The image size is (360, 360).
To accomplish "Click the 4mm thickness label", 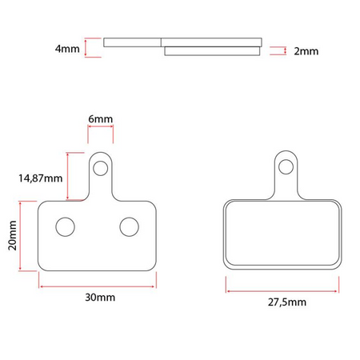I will tap(67, 49).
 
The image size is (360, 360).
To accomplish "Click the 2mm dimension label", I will tap(306, 50).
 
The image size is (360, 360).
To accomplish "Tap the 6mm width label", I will tap(100, 119).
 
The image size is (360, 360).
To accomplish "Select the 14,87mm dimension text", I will tap(40, 178).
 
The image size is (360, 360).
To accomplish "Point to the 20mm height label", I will tap(13, 236).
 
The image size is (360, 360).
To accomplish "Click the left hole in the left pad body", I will tap(64, 226).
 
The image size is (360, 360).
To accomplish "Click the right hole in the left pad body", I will tap(128, 226).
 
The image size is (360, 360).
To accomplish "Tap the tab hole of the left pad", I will tap(100, 167).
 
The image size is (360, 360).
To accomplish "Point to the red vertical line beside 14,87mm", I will tap(70, 176).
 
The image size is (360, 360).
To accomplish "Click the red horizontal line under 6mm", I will tap(100, 131).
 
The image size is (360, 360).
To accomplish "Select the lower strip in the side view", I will tap(213, 51).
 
